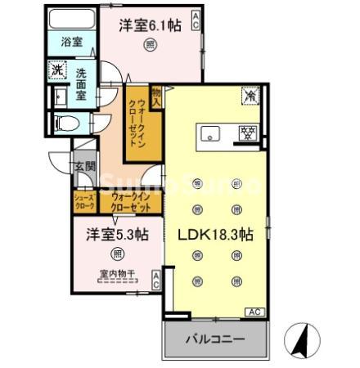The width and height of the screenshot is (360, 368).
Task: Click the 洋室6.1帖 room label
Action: [149, 26]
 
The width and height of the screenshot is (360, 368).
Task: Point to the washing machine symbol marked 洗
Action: [56, 70]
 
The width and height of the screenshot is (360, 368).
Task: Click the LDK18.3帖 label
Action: [215, 233]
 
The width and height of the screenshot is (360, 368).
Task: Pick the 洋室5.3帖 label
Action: [117, 234]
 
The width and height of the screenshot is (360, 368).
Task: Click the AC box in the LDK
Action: [254, 312]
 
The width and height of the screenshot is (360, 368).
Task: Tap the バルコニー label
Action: [216, 339]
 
